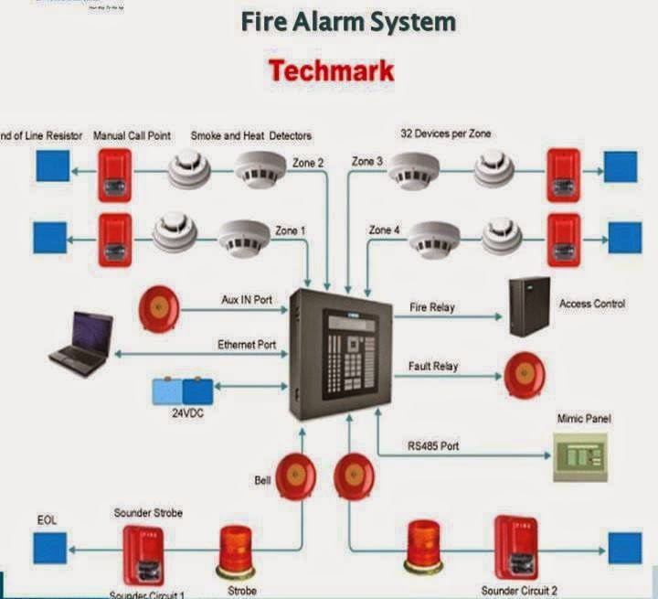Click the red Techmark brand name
331,70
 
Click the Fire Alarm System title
348,21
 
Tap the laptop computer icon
80,344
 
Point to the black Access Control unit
529,306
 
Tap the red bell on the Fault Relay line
524,375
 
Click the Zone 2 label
307,163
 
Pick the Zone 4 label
385,230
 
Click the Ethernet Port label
247,345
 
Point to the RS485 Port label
433,446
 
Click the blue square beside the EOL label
50,549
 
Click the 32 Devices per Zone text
445,134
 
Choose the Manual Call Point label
133,135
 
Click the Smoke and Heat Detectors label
250,135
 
